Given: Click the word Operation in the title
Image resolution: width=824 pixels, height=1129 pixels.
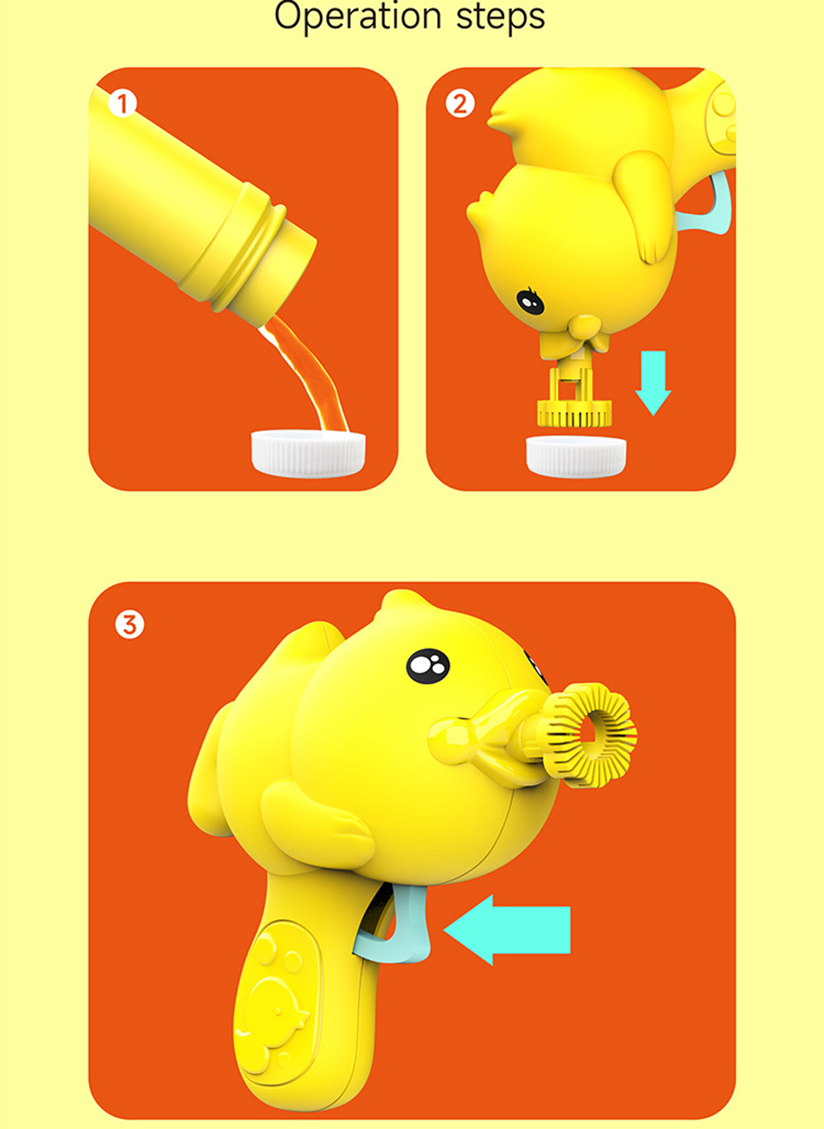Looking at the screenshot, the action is (x=357, y=17).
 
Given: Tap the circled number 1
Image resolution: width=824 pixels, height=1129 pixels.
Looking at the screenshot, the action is (x=123, y=104).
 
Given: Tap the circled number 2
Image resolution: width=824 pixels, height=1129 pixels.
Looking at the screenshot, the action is (x=460, y=104).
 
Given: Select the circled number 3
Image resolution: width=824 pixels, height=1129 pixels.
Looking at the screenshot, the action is (x=129, y=625).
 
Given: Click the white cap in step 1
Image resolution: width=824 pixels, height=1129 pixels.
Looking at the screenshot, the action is (x=309, y=453).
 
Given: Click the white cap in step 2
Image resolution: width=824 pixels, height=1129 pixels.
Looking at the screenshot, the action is (x=576, y=457).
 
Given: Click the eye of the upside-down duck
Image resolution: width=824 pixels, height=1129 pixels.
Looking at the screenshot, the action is (x=530, y=301).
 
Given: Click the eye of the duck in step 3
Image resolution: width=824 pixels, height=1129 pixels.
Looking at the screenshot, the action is (x=427, y=666).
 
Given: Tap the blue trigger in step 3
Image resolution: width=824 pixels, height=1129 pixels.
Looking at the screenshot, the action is (x=398, y=925).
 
